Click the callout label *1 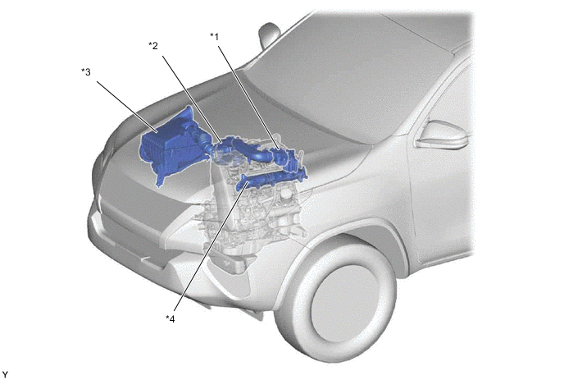(x=215, y=37)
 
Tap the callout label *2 (x=153, y=46)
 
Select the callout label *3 (x=86, y=72)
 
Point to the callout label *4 (x=171, y=318)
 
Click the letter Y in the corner (x=5, y=375)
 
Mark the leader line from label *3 (x=127, y=108)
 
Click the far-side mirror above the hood (x=268, y=34)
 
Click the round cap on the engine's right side (x=287, y=195)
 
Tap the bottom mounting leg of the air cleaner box (x=161, y=179)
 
